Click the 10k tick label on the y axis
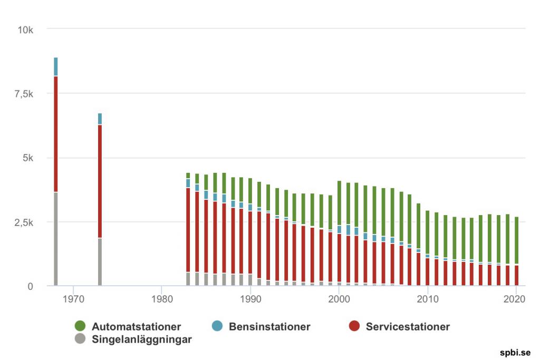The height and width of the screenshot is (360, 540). [x=25, y=30]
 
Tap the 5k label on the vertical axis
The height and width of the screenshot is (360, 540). [x=27, y=158]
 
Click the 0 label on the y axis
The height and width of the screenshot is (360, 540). [x=31, y=286]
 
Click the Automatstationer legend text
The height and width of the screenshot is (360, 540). [x=136, y=327]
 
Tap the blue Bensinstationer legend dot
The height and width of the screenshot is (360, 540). [x=217, y=327]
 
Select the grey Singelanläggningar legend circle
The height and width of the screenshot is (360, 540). [x=80, y=339]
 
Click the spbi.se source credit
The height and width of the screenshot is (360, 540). [x=515, y=353]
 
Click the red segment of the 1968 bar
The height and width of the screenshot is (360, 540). [x=55, y=134]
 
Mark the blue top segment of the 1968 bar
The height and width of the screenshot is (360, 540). [x=55, y=67]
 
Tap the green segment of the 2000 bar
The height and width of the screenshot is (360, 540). [x=339, y=203]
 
